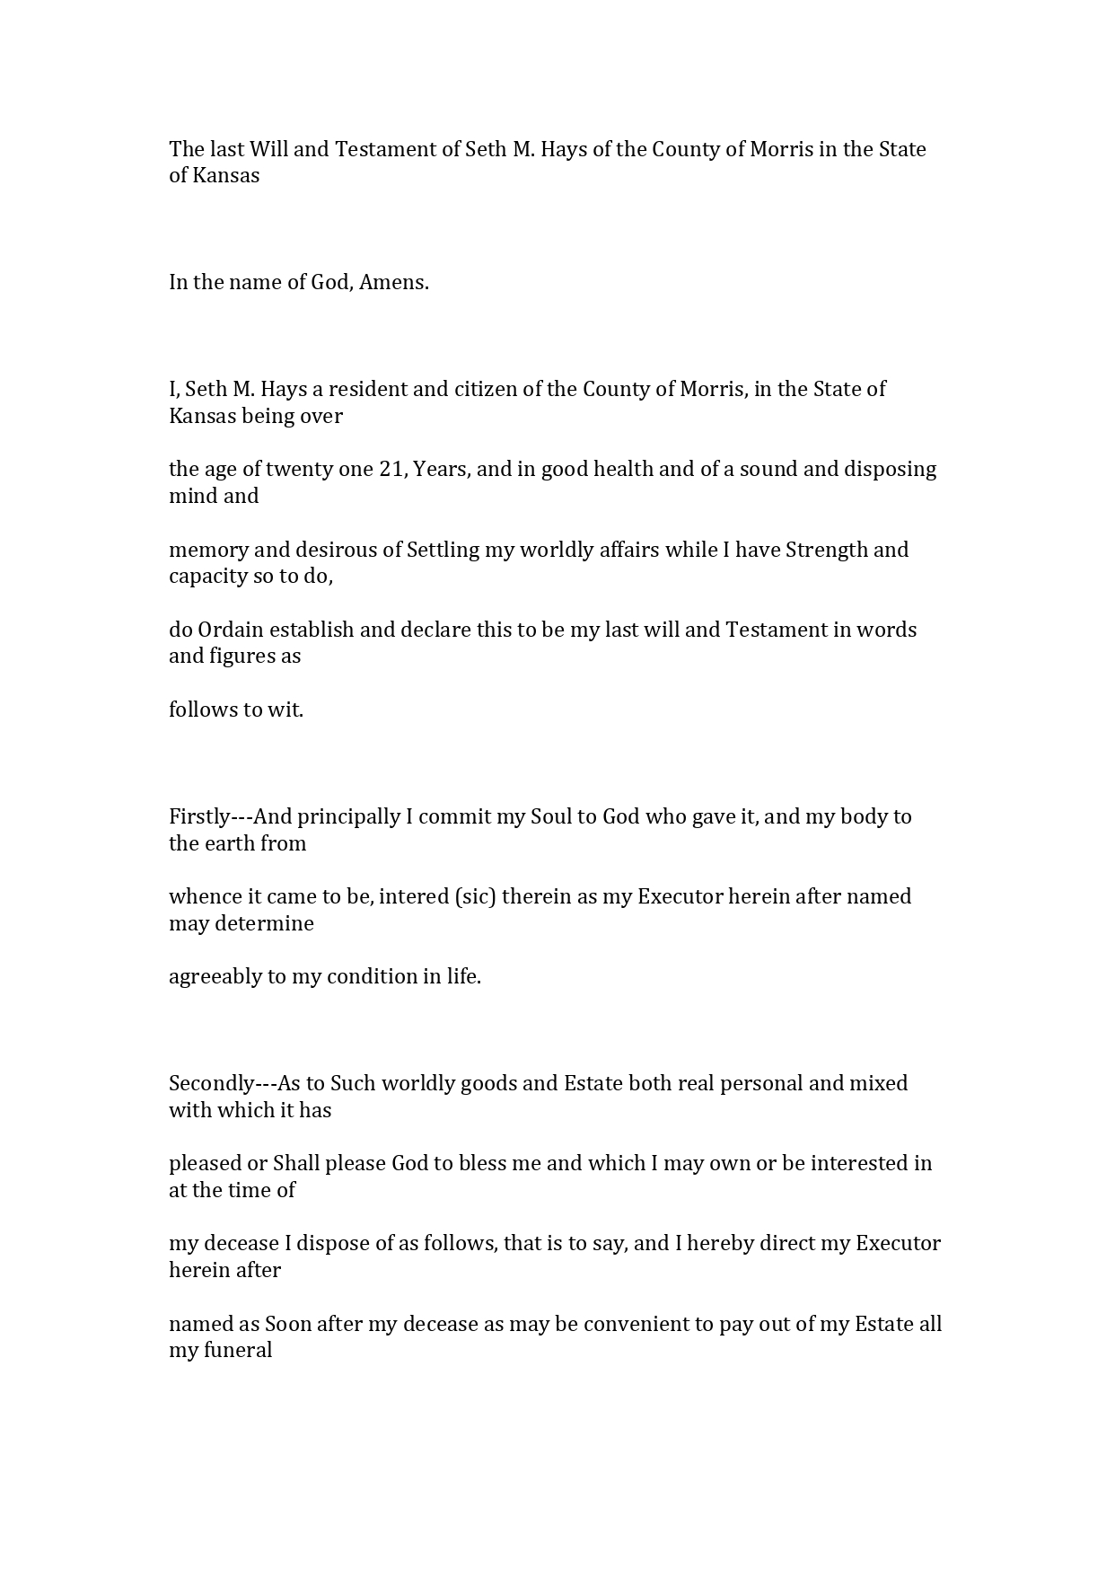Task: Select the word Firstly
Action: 199,816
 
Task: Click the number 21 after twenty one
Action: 392,469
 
